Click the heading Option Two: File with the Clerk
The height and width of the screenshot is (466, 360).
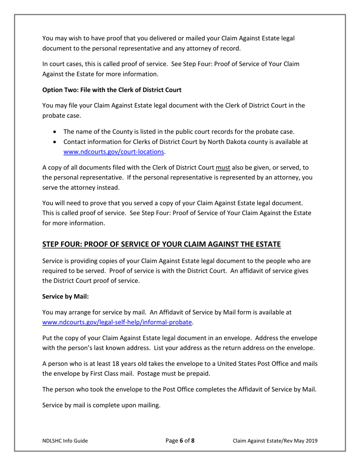(112, 90)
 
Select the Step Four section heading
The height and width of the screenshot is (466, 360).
(161, 244)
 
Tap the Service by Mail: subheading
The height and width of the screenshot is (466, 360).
(66, 297)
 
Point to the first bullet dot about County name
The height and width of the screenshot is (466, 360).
(56, 132)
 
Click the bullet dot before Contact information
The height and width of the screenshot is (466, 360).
(56, 142)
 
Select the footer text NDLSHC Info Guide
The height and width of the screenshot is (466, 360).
(65, 441)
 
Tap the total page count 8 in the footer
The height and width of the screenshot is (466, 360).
(193, 441)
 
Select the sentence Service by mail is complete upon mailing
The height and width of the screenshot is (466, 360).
(102, 405)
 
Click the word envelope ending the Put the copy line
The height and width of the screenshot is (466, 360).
(304, 338)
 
